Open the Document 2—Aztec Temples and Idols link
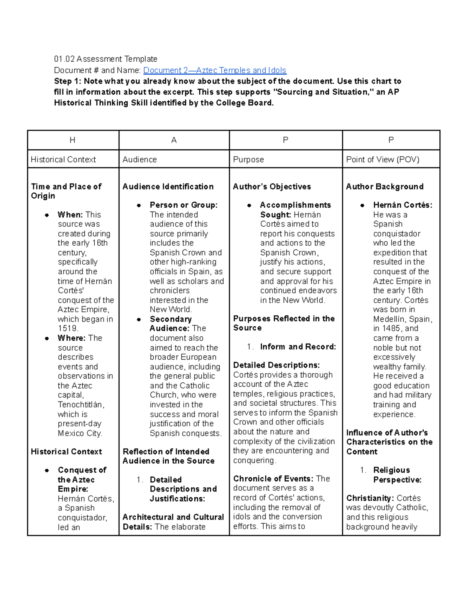pyautogui.click(x=215, y=70)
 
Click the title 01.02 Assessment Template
pyautogui.click(x=106, y=59)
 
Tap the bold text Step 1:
pyautogui.click(x=68, y=81)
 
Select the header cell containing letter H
pyautogui.click(x=72, y=140)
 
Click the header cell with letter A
pyautogui.click(x=174, y=140)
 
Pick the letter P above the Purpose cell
pyautogui.click(x=285, y=140)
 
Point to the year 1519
pyautogui.click(x=68, y=329)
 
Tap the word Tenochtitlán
pyautogui.click(x=81, y=405)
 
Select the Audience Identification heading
pyautogui.click(x=168, y=187)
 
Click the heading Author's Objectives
pyautogui.click(x=272, y=187)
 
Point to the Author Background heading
pyautogui.click(x=384, y=187)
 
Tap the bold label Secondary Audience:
pyautogui.click(x=170, y=324)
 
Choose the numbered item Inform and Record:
pyautogui.click(x=298, y=347)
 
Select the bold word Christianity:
pyautogui.click(x=370, y=498)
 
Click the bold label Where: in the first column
pyautogui.click(x=71, y=338)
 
